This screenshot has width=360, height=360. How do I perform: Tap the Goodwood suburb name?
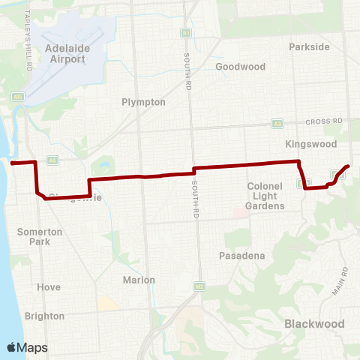(x=240, y=66)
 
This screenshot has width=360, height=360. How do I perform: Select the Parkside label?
(x=309, y=46)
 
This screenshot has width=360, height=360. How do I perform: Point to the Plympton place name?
(x=143, y=102)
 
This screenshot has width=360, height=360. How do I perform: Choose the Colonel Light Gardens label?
(x=265, y=196)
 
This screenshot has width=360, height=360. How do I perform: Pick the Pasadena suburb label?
(x=242, y=256)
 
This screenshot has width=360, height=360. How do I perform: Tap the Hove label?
(x=48, y=287)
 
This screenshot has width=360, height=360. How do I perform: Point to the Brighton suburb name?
(x=44, y=316)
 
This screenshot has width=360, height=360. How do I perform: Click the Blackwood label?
(x=314, y=323)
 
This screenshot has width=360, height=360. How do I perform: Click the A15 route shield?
(x=18, y=96)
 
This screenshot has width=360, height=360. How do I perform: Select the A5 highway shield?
(x=52, y=160)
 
